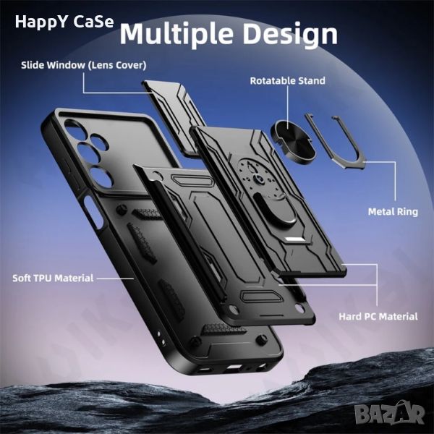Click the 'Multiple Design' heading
point(229,33)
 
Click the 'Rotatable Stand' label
point(288,80)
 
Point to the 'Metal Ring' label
point(393,212)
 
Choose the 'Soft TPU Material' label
point(53,278)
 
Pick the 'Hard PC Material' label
point(378,316)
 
